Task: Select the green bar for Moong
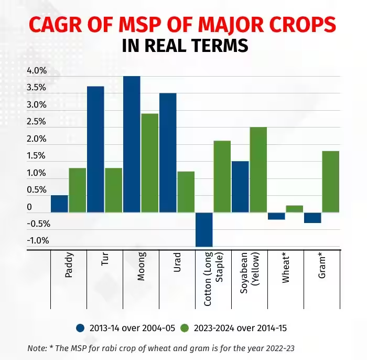pyautogui.click(x=149, y=163)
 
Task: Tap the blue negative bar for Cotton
pyautogui.click(x=204, y=229)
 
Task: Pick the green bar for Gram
pyautogui.click(x=331, y=182)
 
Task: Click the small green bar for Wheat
pyautogui.click(x=295, y=209)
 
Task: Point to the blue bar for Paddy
pyautogui.click(x=59, y=204)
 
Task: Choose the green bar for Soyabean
pyautogui.click(x=258, y=170)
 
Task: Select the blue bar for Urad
pyautogui.click(x=168, y=152)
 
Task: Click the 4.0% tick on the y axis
pyautogui.click(x=37, y=70)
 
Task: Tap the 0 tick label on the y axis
pyautogui.click(x=29, y=207)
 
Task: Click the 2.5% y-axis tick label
pyautogui.click(x=37, y=122)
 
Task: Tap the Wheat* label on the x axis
pyautogui.click(x=286, y=269)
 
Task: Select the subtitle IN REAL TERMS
pyautogui.click(x=185, y=46)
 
